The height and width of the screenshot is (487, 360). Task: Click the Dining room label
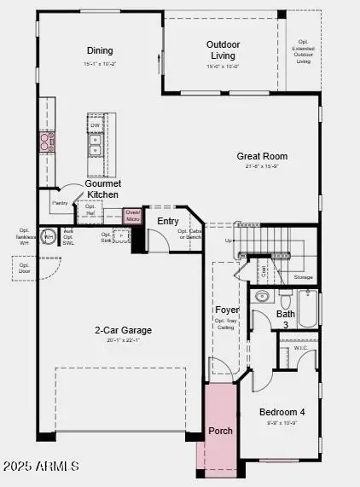pyautogui.click(x=100, y=50)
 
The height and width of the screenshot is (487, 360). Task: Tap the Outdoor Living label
pyautogui.click(x=223, y=49)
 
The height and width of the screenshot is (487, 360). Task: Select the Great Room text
pyautogui.click(x=262, y=156)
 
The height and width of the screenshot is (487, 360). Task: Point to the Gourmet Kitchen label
pyautogui.click(x=102, y=188)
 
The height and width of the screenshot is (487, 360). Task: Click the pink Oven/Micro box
pyautogui.click(x=132, y=216)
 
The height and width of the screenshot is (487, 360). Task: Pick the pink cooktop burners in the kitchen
pyautogui.click(x=45, y=142)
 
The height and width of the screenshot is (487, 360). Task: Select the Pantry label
pyautogui.click(x=60, y=203)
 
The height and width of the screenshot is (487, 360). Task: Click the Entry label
pyautogui.click(x=168, y=221)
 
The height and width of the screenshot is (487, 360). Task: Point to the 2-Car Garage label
pyautogui.click(x=124, y=330)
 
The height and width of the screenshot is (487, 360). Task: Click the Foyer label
pyautogui.click(x=227, y=310)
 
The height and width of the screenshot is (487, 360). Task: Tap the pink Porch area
pyautogui.click(x=220, y=431)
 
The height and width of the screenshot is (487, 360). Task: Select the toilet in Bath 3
pyautogui.click(x=285, y=300)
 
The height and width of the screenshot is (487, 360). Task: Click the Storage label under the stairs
pyautogui.click(x=303, y=277)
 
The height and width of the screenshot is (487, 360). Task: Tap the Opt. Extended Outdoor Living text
pyautogui.click(x=303, y=50)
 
